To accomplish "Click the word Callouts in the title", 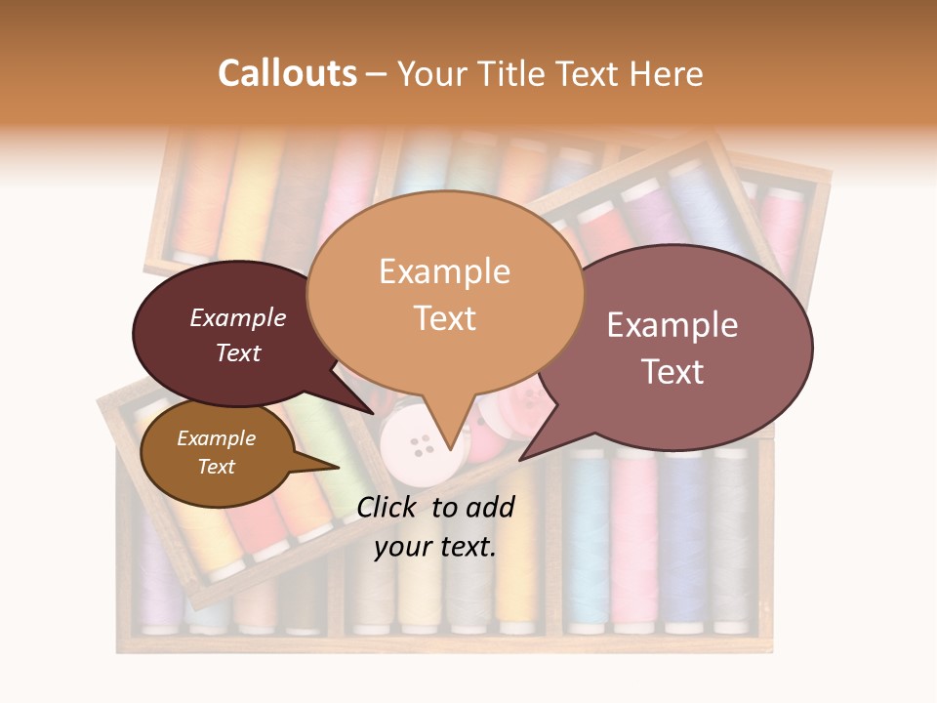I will [x=287, y=73].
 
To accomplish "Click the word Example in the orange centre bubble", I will [x=444, y=271].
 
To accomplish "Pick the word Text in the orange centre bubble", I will [x=444, y=318].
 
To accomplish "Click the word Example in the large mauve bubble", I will [x=672, y=325].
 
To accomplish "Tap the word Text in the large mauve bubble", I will [x=672, y=372].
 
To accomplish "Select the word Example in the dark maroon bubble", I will [x=238, y=317].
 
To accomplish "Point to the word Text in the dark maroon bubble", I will [x=238, y=352].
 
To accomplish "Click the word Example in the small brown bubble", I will [x=216, y=438].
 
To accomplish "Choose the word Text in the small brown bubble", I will [x=216, y=467].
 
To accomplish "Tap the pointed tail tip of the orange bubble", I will [x=449, y=450].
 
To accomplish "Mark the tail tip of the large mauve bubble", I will [x=520, y=460].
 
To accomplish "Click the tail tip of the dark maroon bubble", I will [x=373, y=414].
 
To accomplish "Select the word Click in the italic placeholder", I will [x=388, y=507].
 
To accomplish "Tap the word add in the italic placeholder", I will [x=491, y=507].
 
